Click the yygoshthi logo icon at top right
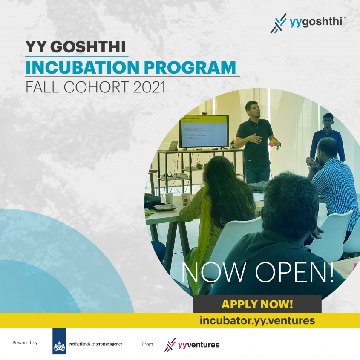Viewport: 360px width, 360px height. click(279, 23)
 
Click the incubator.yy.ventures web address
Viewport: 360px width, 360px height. click(257, 320)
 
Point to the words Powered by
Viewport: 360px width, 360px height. click(25, 343)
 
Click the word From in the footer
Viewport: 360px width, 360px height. click(147, 344)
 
